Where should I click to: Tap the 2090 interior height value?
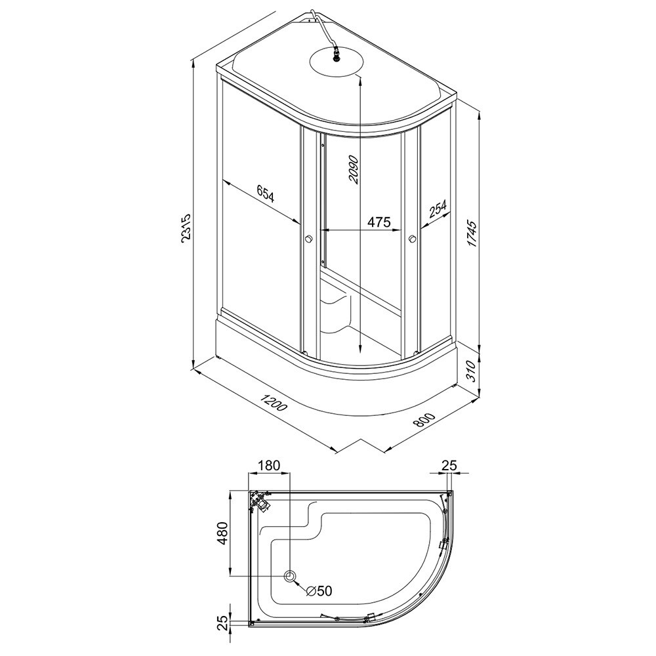coord(354,169)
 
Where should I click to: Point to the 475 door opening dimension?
coord(379,221)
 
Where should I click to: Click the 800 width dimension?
coord(424,420)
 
